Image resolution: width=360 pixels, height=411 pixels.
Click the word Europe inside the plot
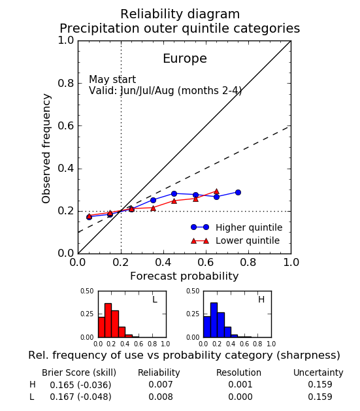click(185, 59)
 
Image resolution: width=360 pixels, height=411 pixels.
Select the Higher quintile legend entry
click(237, 227)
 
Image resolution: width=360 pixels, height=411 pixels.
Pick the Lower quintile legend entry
click(235, 240)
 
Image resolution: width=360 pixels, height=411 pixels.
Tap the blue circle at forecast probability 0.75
click(238, 192)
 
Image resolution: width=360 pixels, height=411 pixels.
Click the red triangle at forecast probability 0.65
click(216, 191)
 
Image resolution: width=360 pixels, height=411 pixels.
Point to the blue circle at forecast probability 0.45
click(174, 193)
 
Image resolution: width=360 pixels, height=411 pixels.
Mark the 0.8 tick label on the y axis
click(66, 83)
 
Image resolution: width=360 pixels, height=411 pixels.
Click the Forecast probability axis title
click(184, 276)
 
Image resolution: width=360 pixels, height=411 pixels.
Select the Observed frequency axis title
click(46, 148)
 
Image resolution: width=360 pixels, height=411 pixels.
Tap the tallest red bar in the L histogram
click(108, 320)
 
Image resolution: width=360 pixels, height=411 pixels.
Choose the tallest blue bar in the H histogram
click(214, 320)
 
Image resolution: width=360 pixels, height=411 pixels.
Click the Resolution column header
click(238, 372)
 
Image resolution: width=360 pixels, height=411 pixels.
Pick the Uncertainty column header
click(318, 372)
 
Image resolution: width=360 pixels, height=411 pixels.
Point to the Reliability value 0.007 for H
click(161, 384)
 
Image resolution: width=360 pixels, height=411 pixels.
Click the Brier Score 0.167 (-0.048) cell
click(80, 397)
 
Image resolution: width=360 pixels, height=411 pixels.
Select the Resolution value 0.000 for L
click(240, 397)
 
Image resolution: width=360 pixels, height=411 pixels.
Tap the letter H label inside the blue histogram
click(261, 299)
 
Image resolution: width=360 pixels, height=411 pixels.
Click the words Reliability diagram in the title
click(180, 14)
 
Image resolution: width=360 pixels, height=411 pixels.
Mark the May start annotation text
click(112, 80)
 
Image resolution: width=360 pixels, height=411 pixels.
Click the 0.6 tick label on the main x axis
click(206, 263)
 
